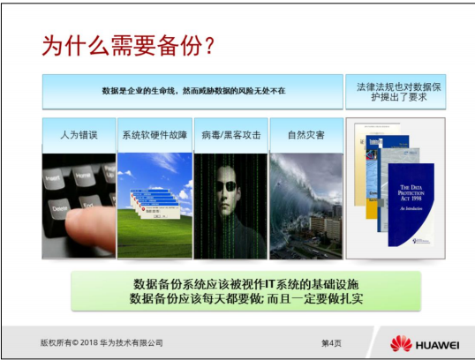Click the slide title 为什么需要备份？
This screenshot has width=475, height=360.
129,47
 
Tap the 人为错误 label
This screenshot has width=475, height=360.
79,136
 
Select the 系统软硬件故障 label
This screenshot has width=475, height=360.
155,136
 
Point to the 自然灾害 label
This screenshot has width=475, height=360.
305,136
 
